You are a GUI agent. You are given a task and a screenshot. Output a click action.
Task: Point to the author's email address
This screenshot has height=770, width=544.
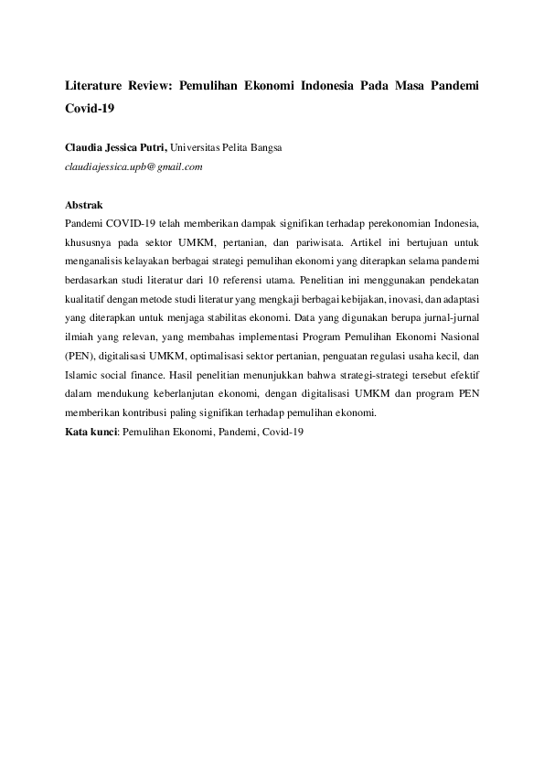point(133,166)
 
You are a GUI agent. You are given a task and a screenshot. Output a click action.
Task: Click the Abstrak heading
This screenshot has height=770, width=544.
point(84,206)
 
